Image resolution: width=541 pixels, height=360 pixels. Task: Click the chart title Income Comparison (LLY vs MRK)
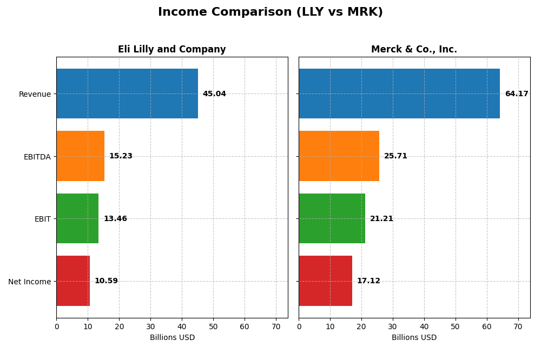tap(270, 12)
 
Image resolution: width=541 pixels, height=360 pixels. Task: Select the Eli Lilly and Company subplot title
tap(171, 50)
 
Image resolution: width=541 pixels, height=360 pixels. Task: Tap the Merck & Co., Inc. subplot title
tap(414, 50)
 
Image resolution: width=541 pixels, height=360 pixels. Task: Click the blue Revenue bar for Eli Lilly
tap(127, 94)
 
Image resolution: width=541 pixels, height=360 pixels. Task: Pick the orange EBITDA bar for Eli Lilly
tap(80, 156)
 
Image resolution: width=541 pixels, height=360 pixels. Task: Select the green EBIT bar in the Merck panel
tap(332, 218)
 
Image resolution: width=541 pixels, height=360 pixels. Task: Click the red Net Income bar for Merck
tap(325, 281)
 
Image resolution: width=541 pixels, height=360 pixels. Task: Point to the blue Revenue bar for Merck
tap(399, 94)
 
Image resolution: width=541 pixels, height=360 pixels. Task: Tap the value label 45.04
tap(214, 94)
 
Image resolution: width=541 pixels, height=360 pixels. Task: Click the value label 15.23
tap(121, 156)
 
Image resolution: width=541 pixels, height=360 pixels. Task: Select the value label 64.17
tap(516, 94)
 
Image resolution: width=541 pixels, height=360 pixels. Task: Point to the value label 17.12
tap(368, 281)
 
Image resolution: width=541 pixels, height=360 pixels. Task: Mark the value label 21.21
tap(381, 219)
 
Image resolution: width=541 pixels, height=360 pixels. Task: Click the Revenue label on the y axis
tap(35, 95)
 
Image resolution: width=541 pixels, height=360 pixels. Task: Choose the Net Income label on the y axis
tap(29, 282)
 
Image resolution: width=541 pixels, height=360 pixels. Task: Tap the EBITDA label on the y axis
tap(37, 157)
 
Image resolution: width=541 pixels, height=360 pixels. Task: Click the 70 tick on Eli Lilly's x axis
tap(276, 326)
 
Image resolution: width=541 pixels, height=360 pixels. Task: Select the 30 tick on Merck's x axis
tap(393, 326)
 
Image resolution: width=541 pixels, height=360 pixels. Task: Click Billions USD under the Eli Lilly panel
tap(172, 338)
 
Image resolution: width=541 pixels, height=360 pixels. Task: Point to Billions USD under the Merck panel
tap(414, 338)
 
